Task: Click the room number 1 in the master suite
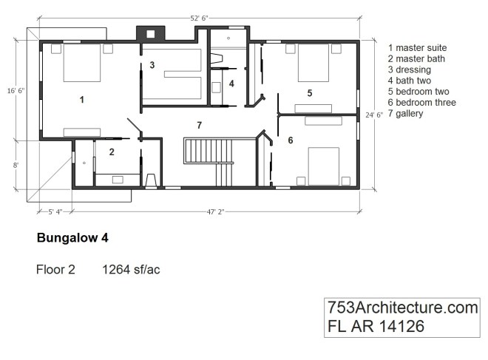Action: tap(81, 98)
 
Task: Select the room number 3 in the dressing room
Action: tap(152, 65)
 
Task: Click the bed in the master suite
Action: tap(81, 64)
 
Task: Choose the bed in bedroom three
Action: tap(323, 165)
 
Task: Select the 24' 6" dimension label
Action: tap(375, 115)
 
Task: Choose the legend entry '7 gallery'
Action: tap(410, 113)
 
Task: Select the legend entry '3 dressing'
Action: tap(412, 69)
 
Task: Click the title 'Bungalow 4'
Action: tap(72, 240)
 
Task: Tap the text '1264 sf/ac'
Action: tap(131, 270)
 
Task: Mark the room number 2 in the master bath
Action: tap(111, 152)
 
